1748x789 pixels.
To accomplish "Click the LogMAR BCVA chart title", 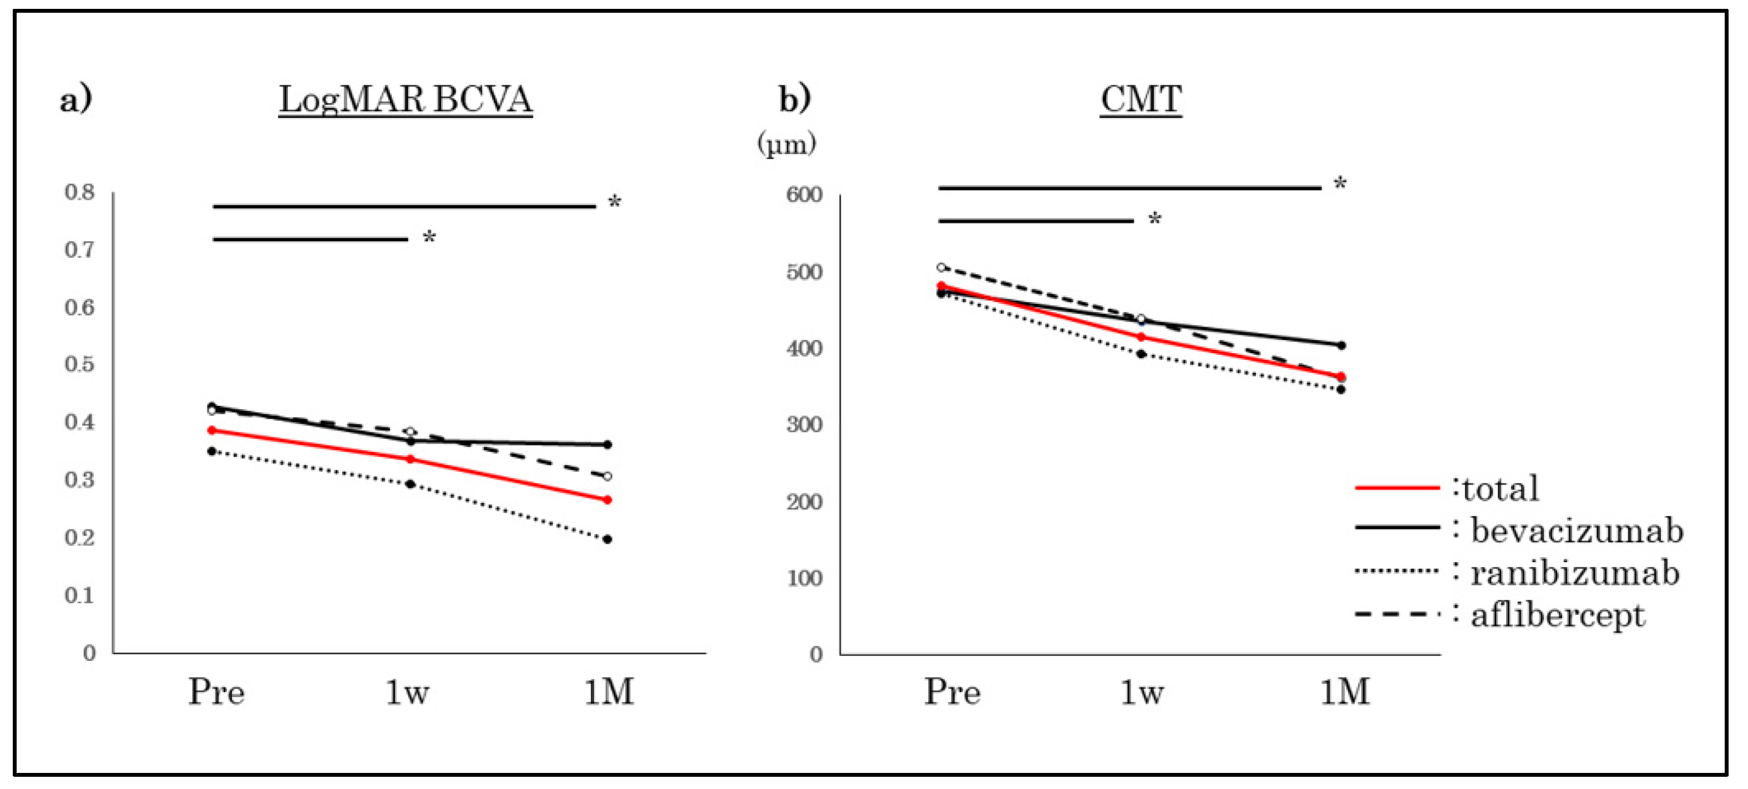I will tap(405, 100).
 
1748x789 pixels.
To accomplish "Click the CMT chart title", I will tap(1141, 100).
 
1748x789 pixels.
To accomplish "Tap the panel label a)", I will tap(75, 100).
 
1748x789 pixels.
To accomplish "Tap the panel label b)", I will tap(794, 100).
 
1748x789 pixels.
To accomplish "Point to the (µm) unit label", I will tap(786, 144).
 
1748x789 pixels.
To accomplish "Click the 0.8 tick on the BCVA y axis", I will tap(79, 192).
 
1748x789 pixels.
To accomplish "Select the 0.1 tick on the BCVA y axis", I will tap(79, 595).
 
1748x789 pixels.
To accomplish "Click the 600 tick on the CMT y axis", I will tap(804, 195).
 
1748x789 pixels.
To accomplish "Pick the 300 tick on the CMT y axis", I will tap(804, 425).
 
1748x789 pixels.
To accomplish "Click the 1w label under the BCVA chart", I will tap(407, 693).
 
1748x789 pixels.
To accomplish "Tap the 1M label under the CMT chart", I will tap(1344, 693).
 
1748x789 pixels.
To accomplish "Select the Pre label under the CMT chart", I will tap(952, 693).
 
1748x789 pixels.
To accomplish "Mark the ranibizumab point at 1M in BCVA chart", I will tap(607, 539).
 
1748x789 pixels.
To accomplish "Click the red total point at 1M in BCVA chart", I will tap(607, 500).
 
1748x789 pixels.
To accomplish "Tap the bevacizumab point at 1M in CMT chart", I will tap(1341, 345).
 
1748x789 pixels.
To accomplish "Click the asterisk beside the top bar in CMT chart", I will tap(1340, 183).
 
